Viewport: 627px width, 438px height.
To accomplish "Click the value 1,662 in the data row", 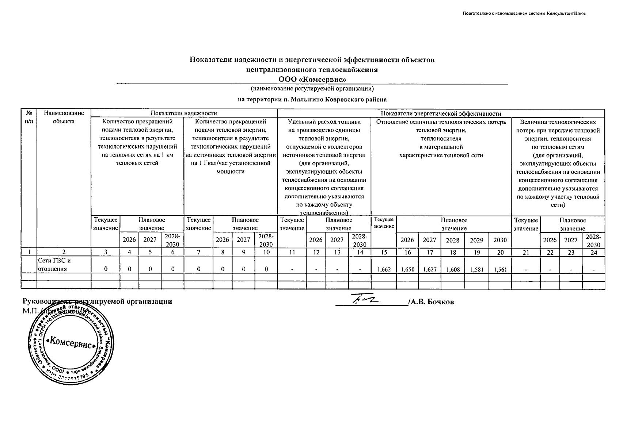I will (384, 269).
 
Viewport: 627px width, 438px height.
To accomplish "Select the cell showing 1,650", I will (407, 269).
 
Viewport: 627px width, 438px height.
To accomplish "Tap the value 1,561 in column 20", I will (500, 269).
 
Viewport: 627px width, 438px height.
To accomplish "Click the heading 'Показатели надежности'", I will (184, 114).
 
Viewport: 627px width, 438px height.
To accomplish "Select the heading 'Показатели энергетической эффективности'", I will (441, 114).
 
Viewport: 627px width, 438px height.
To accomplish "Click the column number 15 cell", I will (384, 252).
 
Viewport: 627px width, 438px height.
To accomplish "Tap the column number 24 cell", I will (593, 252).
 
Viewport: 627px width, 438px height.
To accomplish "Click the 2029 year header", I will (476, 240).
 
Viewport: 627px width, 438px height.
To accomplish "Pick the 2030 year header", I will (500, 240).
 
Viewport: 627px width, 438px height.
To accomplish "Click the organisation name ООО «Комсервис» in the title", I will (312, 79).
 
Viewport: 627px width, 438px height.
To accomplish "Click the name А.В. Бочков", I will (432, 302).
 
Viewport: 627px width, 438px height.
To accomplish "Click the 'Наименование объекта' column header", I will (64, 117).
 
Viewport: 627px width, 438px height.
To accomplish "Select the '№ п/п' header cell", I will (28, 117).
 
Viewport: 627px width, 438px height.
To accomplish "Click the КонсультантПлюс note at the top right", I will (524, 13).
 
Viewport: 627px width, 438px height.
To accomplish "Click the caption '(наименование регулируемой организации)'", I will (312, 89).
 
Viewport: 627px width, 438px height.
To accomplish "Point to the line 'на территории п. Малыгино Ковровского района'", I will (312, 99).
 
